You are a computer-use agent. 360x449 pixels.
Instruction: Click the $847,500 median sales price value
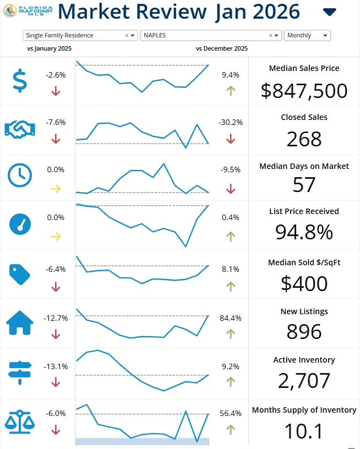(x=304, y=90)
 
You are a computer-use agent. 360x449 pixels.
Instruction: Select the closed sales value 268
(x=304, y=139)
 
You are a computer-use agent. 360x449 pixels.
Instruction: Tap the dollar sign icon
(x=19, y=81)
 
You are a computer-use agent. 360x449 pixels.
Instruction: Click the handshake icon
(x=19, y=129)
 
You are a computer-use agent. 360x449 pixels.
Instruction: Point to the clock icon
(x=19, y=176)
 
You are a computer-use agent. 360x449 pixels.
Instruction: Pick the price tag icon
(x=19, y=273)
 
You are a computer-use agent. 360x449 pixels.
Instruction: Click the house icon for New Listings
(x=19, y=323)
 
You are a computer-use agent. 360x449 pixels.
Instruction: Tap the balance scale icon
(x=19, y=421)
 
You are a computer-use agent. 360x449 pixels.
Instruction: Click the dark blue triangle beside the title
(x=329, y=12)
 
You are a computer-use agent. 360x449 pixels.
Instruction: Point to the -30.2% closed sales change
(x=231, y=122)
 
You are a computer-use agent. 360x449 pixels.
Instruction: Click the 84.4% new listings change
(x=231, y=318)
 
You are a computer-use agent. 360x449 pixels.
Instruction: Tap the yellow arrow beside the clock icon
(x=56, y=188)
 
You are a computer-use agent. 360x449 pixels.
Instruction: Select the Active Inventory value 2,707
(x=304, y=381)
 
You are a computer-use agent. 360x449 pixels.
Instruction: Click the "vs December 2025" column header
(x=222, y=48)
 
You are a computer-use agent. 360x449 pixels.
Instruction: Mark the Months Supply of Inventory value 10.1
(x=304, y=431)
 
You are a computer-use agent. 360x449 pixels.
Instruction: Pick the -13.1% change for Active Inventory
(x=56, y=366)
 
